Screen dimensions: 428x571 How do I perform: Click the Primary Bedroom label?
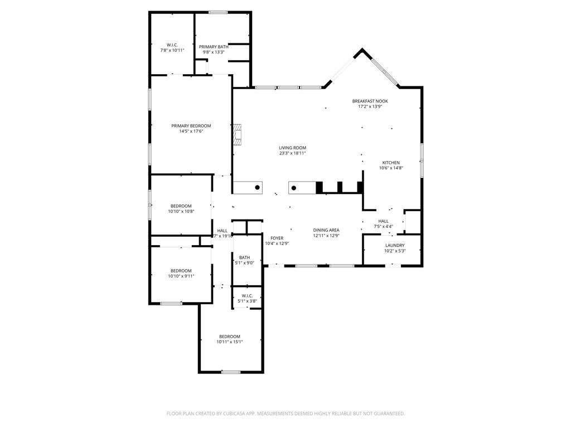pyautogui.click(x=191, y=126)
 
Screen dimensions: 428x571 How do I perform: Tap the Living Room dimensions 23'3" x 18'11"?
pyautogui.click(x=292, y=153)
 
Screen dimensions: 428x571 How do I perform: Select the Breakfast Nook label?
pyautogui.click(x=370, y=101)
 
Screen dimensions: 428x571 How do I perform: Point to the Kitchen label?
pyautogui.click(x=390, y=163)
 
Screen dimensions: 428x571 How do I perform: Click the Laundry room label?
pyautogui.click(x=395, y=245)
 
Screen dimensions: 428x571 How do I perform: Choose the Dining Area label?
pyautogui.click(x=326, y=230)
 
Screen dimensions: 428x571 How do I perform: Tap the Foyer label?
pyautogui.click(x=277, y=238)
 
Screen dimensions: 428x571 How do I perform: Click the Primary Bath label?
pyautogui.click(x=214, y=47)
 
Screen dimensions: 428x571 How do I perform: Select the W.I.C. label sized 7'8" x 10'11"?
pyautogui.click(x=172, y=45)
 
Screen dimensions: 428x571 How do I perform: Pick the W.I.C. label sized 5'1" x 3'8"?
pyautogui.click(x=247, y=295)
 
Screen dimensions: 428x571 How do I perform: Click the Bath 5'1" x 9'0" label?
pyautogui.click(x=244, y=257)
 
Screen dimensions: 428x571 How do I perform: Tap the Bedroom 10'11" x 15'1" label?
pyautogui.click(x=229, y=337)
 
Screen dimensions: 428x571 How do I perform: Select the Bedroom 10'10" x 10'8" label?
pyautogui.click(x=181, y=206)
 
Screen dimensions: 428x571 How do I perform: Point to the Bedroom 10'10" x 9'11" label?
pyautogui.click(x=181, y=271)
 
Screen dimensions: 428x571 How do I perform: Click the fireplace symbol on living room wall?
pyautogui.click(x=238, y=134)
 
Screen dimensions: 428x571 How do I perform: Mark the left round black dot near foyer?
pyautogui.click(x=257, y=188)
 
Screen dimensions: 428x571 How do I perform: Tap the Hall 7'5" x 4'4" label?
pyautogui.click(x=383, y=221)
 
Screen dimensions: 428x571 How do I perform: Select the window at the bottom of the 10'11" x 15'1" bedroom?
pyautogui.click(x=230, y=372)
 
